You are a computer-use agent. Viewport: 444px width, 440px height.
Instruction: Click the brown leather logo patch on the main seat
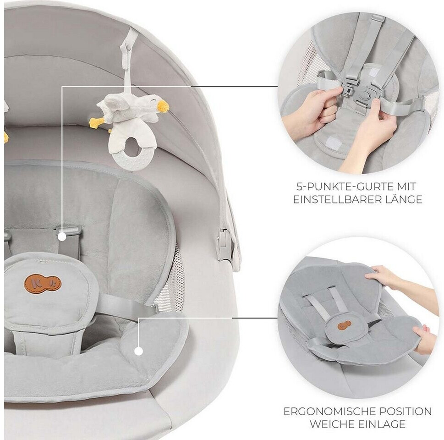(43, 283)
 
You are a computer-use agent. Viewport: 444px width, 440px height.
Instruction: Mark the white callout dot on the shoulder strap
(62, 236)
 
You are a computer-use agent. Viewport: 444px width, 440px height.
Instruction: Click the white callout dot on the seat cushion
(138, 352)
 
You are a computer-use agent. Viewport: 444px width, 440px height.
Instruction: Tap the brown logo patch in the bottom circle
(344, 325)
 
